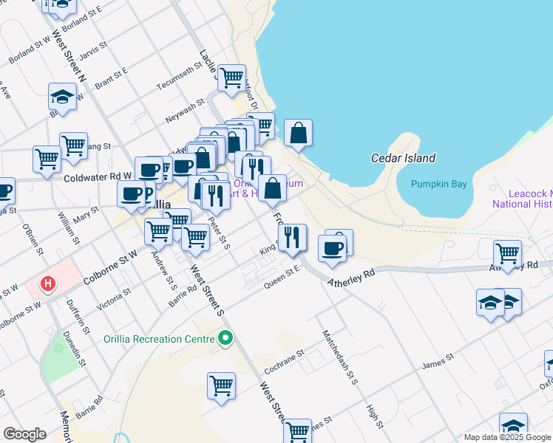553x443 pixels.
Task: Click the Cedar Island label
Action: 403,158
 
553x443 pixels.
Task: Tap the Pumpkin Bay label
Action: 441,184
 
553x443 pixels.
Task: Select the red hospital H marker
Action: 48,283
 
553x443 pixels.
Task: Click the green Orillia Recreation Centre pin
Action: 225,339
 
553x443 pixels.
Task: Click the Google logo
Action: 24,434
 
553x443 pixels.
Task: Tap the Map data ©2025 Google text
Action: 506,437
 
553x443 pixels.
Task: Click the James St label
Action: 437,360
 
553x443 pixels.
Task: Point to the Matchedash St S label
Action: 339,356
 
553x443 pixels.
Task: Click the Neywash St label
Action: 184,111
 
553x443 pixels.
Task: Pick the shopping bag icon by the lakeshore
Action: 298,134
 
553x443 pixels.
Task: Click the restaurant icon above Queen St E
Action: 292,236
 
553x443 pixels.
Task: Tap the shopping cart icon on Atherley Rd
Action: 507,253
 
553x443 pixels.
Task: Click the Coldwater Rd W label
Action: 97,177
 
